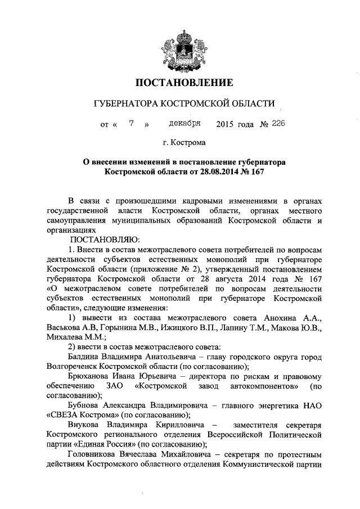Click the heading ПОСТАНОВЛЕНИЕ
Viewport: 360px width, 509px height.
coord(180,83)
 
